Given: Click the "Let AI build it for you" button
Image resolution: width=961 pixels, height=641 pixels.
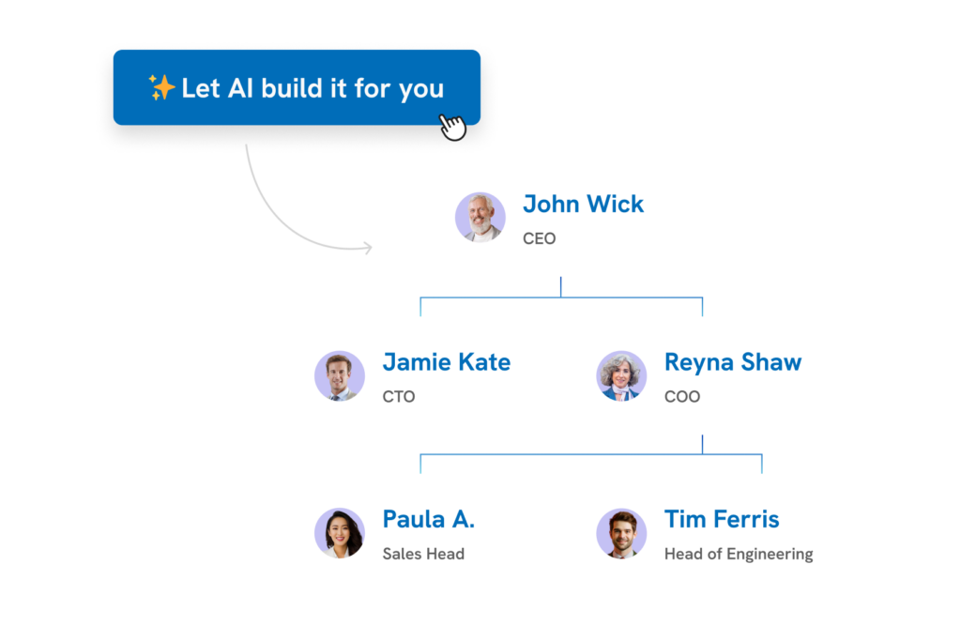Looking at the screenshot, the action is pos(297,87).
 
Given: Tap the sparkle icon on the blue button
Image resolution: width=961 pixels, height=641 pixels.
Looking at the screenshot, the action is pos(161,87).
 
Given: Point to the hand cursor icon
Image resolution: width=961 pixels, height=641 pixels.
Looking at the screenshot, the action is pos(453,127).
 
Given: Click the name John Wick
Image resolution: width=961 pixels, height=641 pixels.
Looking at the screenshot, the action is pos(583,204).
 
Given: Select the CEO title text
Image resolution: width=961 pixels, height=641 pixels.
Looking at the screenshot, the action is pos(540,238).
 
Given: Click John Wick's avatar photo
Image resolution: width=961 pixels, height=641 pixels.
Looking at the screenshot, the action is pos(480,217).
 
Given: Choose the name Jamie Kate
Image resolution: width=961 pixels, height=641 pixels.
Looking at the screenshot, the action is pos(446,362).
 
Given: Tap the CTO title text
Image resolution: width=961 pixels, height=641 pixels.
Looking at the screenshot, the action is pos(399,396).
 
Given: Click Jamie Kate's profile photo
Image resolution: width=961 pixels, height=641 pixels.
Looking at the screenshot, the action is pos(340,375).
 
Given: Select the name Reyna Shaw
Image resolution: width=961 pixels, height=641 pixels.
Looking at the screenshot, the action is pos(733,362).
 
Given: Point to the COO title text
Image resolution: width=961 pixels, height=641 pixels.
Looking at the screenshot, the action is pos(682,396).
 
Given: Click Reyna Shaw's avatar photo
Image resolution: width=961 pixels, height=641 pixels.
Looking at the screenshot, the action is pos(621,375).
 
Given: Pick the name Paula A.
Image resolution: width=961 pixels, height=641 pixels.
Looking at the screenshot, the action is pos(428,519).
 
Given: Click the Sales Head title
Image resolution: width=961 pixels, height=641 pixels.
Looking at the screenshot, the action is pos(423,554).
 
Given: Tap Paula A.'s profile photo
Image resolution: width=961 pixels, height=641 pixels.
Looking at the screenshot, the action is pos(340,533).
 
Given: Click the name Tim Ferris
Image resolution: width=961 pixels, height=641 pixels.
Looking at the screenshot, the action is pos(722,519).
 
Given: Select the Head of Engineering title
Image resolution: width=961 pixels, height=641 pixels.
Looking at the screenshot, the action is pos(739,554).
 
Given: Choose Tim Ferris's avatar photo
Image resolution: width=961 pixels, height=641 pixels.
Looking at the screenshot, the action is pos(621,533).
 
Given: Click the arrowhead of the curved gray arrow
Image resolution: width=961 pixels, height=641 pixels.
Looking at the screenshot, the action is pos(369,248).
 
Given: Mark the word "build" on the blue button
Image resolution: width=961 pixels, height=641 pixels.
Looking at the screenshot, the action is pos(292,87).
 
